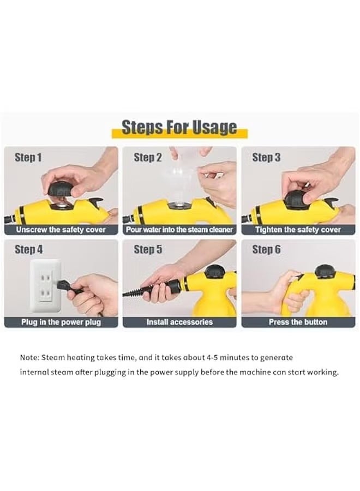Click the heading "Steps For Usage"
coord(179,128)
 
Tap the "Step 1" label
coord(28,158)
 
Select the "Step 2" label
coord(148,158)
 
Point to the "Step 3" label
coord(266,158)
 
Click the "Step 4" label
coord(28,250)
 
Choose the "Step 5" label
coord(148,250)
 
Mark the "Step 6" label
coord(266,250)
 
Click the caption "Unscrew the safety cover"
coord(61,230)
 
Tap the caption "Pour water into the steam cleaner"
coord(179,230)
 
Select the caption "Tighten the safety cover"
coord(298,230)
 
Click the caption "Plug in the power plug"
coord(61,322)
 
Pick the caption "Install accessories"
coord(179,322)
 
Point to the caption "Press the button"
coord(298,322)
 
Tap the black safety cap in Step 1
coord(61,189)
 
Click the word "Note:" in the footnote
coord(29,358)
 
